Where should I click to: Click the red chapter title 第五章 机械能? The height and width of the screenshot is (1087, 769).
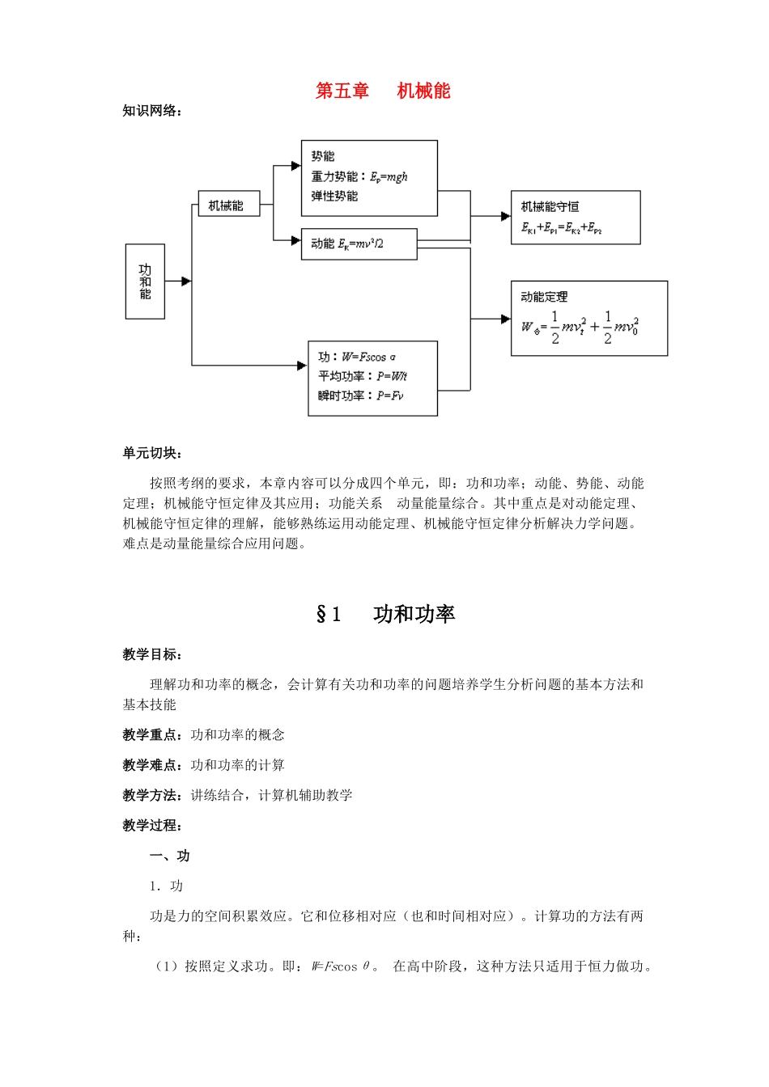pyautogui.click(x=383, y=91)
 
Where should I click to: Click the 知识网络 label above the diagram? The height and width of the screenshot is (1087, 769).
pyautogui.click(x=152, y=111)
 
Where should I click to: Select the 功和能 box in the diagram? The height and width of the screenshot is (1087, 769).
pyautogui.click(x=145, y=281)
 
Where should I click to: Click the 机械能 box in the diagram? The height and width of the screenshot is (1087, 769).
pyautogui.click(x=229, y=205)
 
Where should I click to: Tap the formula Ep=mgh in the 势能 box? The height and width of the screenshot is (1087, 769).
pyautogui.click(x=389, y=176)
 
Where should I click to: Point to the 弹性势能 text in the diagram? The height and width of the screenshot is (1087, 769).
pyautogui.click(x=334, y=197)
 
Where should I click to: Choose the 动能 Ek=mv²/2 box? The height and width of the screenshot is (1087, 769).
pyautogui.click(x=359, y=243)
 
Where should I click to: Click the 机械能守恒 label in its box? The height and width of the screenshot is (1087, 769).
pyautogui.click(x=550, y=206)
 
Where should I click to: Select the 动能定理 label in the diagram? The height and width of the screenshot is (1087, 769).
pyautogui.click(x=544, y=297)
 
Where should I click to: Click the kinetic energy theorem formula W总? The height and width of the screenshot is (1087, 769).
pyautogui.click(x=580, y=327)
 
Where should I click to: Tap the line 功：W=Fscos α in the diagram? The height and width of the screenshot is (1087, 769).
pyautogui.click(x=357, y=357)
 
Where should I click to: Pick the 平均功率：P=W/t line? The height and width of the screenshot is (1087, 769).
pyautogui.click(x=362, y=376)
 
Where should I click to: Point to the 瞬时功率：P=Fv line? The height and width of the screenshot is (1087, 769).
pyautogui.click(x=360, y=395)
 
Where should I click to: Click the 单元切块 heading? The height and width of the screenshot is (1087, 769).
pyautogui.click(x=152, y=453)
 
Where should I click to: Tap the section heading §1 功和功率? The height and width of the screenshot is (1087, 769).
pyautogui.click(x=385, y=615)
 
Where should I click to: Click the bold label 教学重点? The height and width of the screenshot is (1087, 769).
pyautogui.click(x=152, y=734)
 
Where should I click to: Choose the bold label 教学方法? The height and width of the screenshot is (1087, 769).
pyautogui.click(x=152, y=795)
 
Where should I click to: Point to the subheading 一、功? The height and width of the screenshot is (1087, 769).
pyautogui.click(x=170, y=856)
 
